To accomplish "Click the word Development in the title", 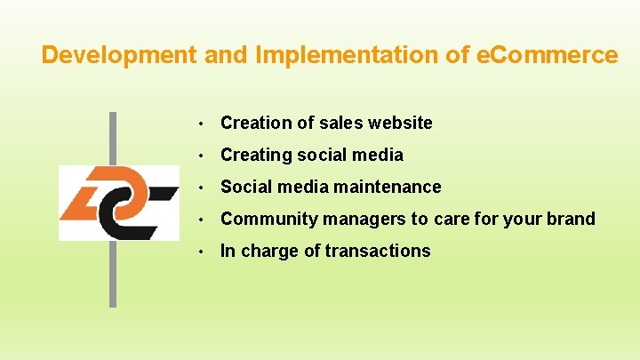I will coord(120,55).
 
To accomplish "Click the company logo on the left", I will coord(118,203).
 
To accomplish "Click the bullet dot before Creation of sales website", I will coord(204,124).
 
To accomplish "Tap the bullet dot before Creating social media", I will coord(204,156).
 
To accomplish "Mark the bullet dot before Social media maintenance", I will coord(204,188).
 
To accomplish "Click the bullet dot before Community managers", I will coord(204,220).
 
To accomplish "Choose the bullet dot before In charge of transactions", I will coord(204,252).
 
